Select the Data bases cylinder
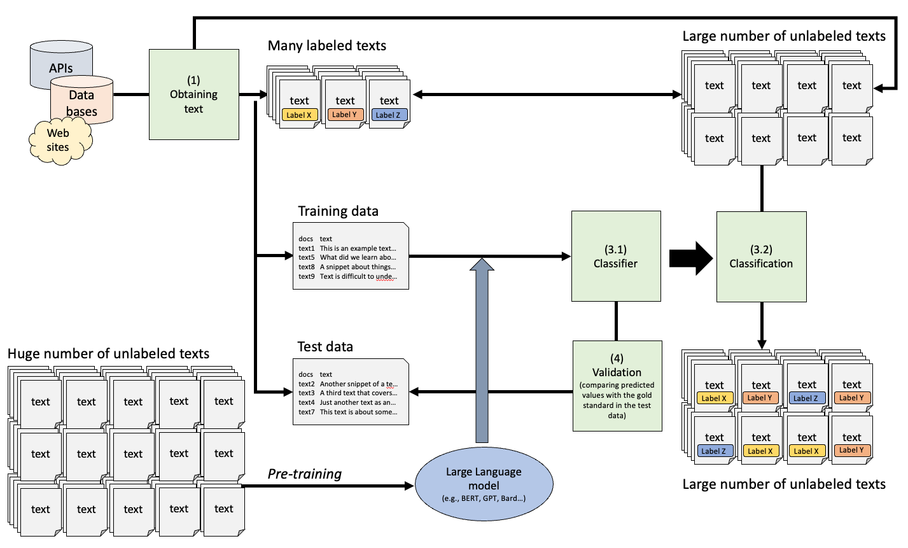(x=81, y=102)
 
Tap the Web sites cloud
(x=58, y=140)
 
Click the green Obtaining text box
(x=193, y=94)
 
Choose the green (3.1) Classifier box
(x=615, y=256)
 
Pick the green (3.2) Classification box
(x=761, y=256)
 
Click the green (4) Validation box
(x=617, y=386)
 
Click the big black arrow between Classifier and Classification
(x=691, y=258)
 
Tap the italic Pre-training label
(x=304, y=474)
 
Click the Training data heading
(x=338, y=211)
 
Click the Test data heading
(x=325, y=347)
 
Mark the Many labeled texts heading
(x=326, y=46)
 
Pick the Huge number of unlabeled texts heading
(x=108, y=354)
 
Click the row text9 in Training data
(x=347, y=277)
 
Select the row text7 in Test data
(x=347, y=412)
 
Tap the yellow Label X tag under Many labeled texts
(x=299, y=115)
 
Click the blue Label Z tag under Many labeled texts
(x=388, y=115)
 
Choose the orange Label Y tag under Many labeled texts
(x=345, y=115)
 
